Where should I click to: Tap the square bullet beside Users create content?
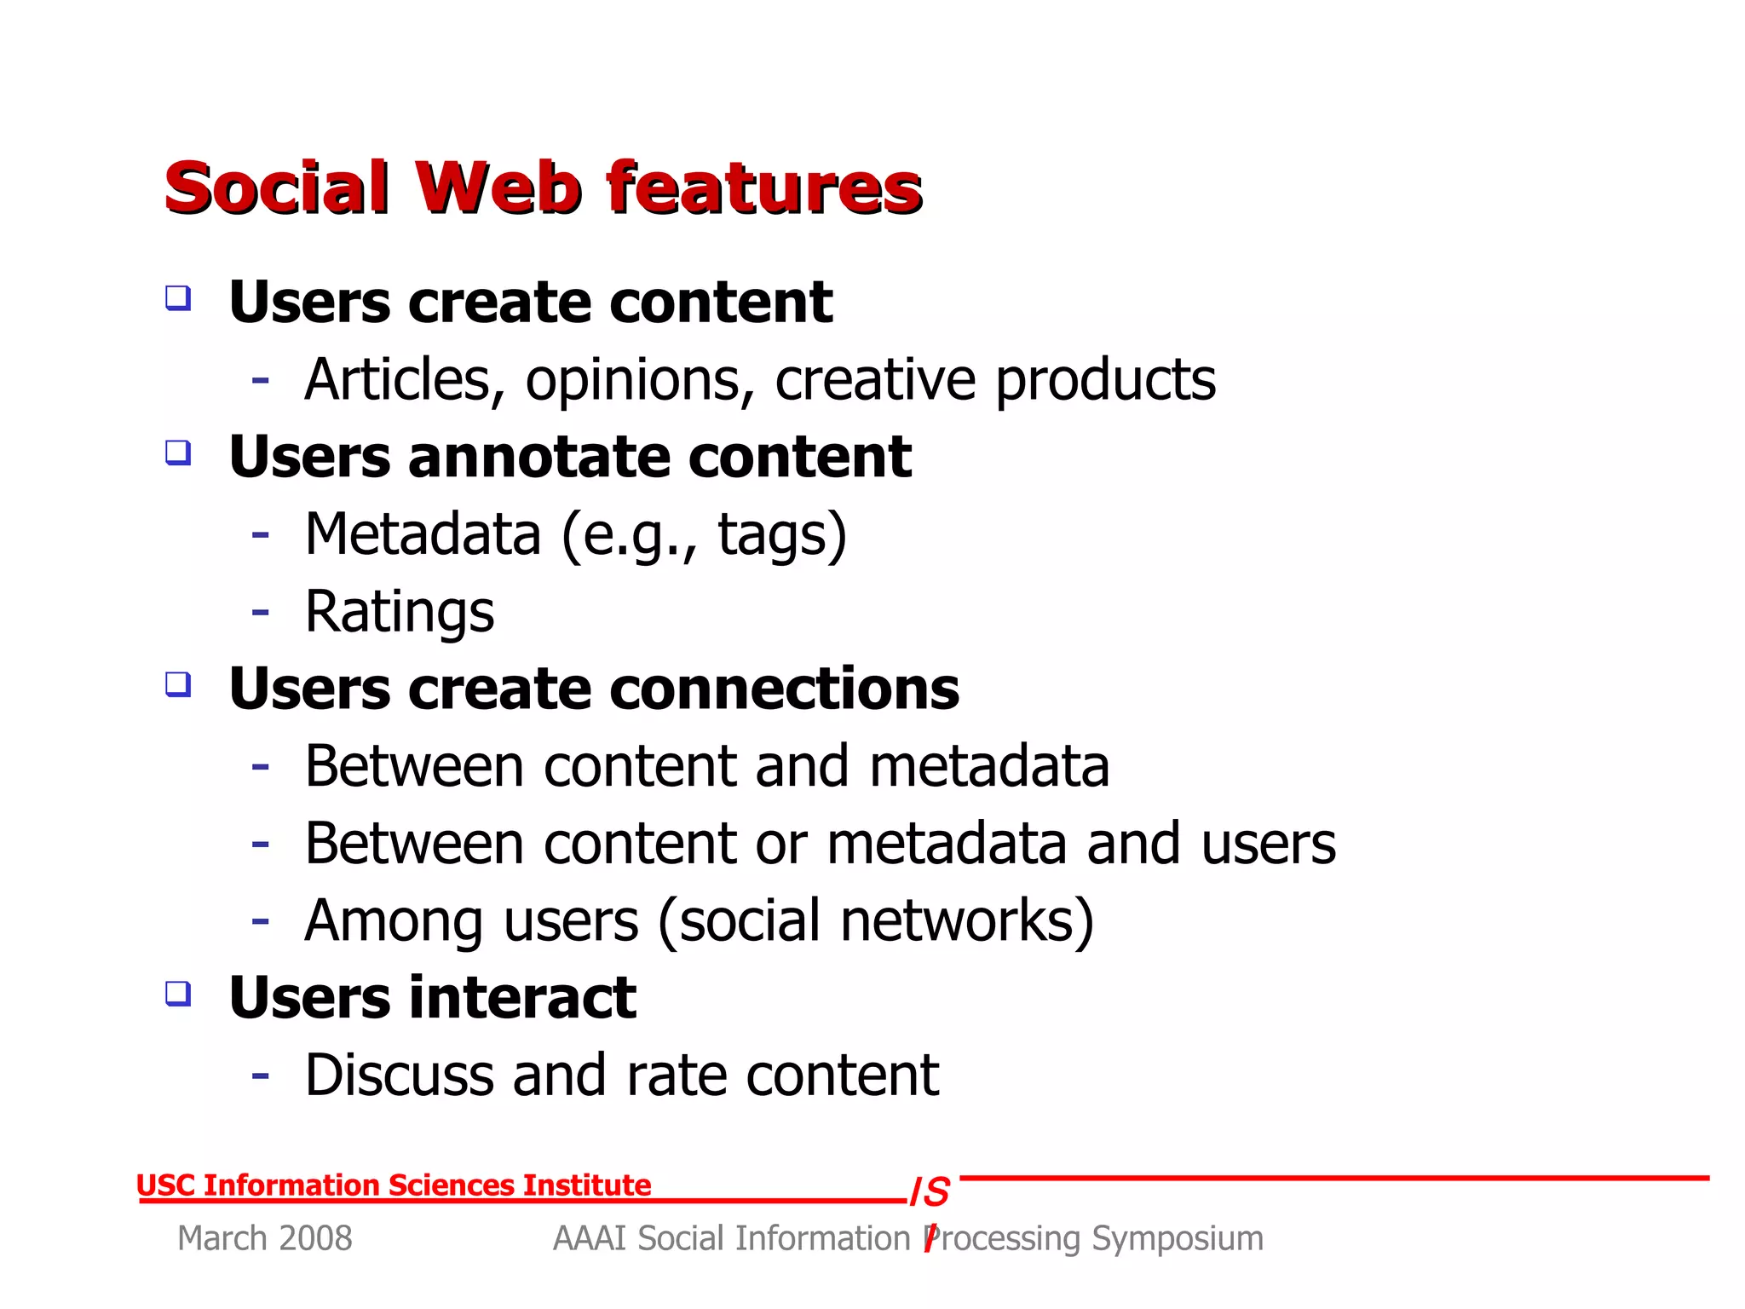178,298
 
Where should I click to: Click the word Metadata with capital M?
423,534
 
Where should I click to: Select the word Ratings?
399,613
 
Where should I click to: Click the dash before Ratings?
261,612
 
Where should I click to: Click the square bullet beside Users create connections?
178,683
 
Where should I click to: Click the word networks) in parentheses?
966,920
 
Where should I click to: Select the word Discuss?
399,1075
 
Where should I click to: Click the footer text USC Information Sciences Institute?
394,1185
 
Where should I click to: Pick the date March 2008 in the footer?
264,1238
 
